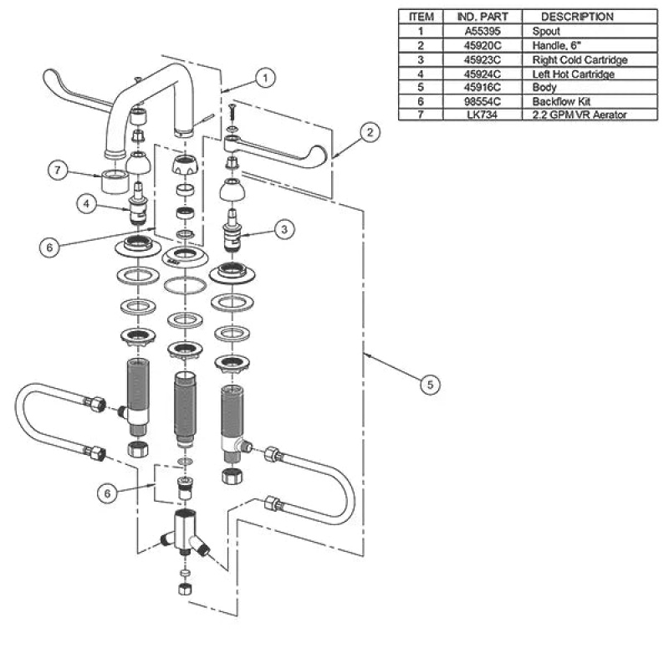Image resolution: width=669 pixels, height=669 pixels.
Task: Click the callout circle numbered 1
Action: [265, 78]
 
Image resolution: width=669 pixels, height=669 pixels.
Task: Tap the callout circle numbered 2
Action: [370, 132]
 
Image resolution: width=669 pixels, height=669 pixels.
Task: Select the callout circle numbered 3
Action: [284, 229]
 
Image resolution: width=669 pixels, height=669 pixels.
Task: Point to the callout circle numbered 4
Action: [87, 204]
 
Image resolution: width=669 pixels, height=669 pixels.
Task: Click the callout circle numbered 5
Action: [430, 385]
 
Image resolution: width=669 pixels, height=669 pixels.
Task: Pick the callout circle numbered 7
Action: [58, 171]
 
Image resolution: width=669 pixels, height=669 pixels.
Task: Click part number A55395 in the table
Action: [483, 31]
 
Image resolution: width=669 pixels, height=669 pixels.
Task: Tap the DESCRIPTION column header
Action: [577, 17]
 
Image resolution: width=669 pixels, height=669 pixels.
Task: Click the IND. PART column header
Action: [483, 17]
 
